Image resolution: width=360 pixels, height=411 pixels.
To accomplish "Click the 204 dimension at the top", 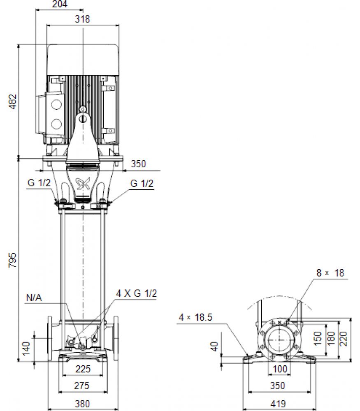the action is (x=60, y=4).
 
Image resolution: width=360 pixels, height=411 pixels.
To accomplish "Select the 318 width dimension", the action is (x=82, y=19).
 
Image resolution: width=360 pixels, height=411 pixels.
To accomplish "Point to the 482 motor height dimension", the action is (x=13, y=102).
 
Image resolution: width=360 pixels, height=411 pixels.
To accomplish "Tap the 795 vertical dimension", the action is (x=13, y=260).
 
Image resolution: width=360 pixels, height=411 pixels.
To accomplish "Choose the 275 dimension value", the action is (x=82, y=386).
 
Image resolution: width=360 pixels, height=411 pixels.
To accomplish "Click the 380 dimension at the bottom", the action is (x=82, y=404).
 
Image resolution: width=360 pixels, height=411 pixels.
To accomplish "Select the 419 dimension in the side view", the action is (x=278, y=404).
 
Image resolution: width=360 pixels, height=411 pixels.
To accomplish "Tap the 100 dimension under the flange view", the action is (x=280, y=369).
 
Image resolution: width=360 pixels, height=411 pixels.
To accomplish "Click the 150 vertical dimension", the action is (x=318, y=338).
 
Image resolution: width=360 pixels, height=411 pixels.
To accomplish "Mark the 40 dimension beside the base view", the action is (x=215, y=346).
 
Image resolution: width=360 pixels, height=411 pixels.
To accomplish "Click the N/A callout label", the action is (x=34, y=298).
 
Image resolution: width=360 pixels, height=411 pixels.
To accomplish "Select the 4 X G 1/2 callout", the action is (x=137, y=293).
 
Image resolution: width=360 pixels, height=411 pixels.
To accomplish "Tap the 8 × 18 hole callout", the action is (x=330, y=273).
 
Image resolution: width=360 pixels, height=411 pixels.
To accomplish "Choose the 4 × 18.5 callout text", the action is (x=195, y=317).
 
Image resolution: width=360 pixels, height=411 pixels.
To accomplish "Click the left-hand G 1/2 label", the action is (x=39, y=183).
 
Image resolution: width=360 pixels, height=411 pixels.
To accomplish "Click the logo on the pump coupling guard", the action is (x=83, y=183).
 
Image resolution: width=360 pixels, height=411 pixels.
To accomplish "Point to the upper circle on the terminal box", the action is (x=56, y=104).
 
